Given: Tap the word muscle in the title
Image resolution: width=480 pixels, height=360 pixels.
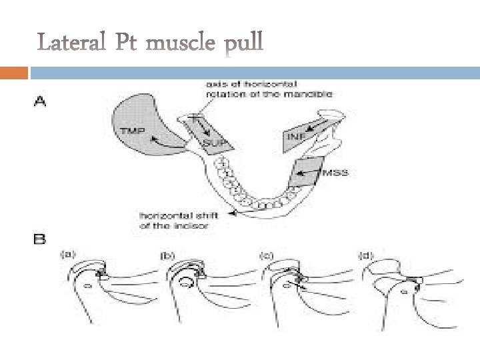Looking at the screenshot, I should (181, 45).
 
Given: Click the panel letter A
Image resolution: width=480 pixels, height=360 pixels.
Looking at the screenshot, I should (40, 102).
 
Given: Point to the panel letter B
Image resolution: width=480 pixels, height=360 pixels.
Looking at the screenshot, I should (40, 237).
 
